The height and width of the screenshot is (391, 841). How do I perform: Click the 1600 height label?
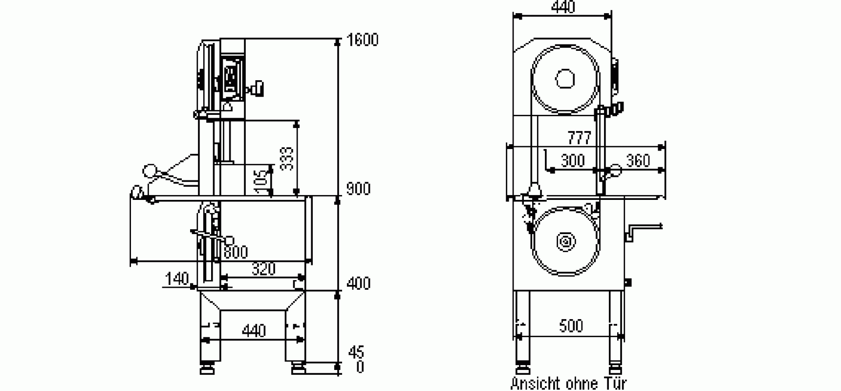tap(362, 40)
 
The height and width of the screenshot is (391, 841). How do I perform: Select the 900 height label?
tap(358, 189)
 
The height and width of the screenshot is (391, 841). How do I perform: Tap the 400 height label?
tap(358, 283)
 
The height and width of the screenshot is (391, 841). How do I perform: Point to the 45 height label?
tap(356, 351)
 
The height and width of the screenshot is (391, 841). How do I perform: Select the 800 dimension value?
tap(236, 252)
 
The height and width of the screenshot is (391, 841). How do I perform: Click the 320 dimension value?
tap(263, 269)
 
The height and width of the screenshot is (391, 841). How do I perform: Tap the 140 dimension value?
tap(177, 279)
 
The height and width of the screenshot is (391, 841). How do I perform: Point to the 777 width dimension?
tap(580, 138)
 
